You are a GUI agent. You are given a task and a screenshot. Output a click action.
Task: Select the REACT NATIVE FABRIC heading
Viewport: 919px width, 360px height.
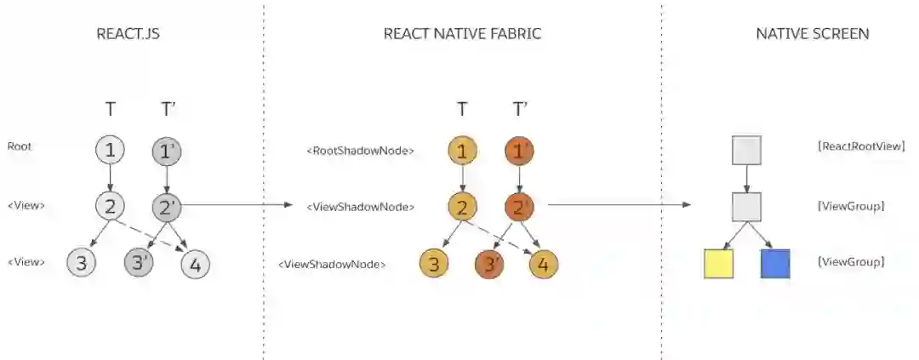[462, 34]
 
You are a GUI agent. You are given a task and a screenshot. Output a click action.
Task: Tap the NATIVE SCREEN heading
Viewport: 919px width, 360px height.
[812, 34]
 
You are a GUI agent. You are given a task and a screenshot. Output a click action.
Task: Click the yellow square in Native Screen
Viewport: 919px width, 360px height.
[719, 264]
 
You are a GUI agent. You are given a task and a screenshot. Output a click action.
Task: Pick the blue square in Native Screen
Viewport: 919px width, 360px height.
[775, 264]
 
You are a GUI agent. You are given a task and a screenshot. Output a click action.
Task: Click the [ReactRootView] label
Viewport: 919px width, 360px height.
[860, 146]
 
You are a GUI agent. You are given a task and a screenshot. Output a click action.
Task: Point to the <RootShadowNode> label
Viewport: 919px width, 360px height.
[360, 151]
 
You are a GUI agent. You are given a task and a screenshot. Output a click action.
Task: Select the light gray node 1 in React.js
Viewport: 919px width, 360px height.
[110, 151]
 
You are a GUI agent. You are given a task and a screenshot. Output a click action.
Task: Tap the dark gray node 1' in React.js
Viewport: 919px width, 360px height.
[166, 151]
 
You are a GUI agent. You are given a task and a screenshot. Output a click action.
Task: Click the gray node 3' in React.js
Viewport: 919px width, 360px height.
[139, 264]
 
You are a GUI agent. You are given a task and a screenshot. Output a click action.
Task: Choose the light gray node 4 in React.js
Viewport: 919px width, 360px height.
[195, 265]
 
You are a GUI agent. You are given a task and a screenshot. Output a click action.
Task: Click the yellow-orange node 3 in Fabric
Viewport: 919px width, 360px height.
[434, 264]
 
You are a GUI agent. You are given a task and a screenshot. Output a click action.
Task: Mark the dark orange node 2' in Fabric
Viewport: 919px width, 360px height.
[519, 207]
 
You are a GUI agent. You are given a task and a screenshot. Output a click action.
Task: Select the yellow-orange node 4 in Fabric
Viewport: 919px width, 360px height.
[544, 265]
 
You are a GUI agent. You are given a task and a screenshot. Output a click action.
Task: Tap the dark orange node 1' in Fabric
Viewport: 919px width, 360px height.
[519, 151]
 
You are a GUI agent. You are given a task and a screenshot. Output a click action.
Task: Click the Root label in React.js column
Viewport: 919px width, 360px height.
[19, 146]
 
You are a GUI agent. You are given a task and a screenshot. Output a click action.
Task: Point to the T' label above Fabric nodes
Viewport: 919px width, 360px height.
[520, 109]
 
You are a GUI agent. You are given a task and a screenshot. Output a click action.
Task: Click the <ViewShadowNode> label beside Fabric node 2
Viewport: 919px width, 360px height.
[361, 207]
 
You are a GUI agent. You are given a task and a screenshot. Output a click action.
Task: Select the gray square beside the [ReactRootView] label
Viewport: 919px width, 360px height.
[746, 151]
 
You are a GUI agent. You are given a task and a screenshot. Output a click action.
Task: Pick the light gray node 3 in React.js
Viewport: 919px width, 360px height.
[82, 264]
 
